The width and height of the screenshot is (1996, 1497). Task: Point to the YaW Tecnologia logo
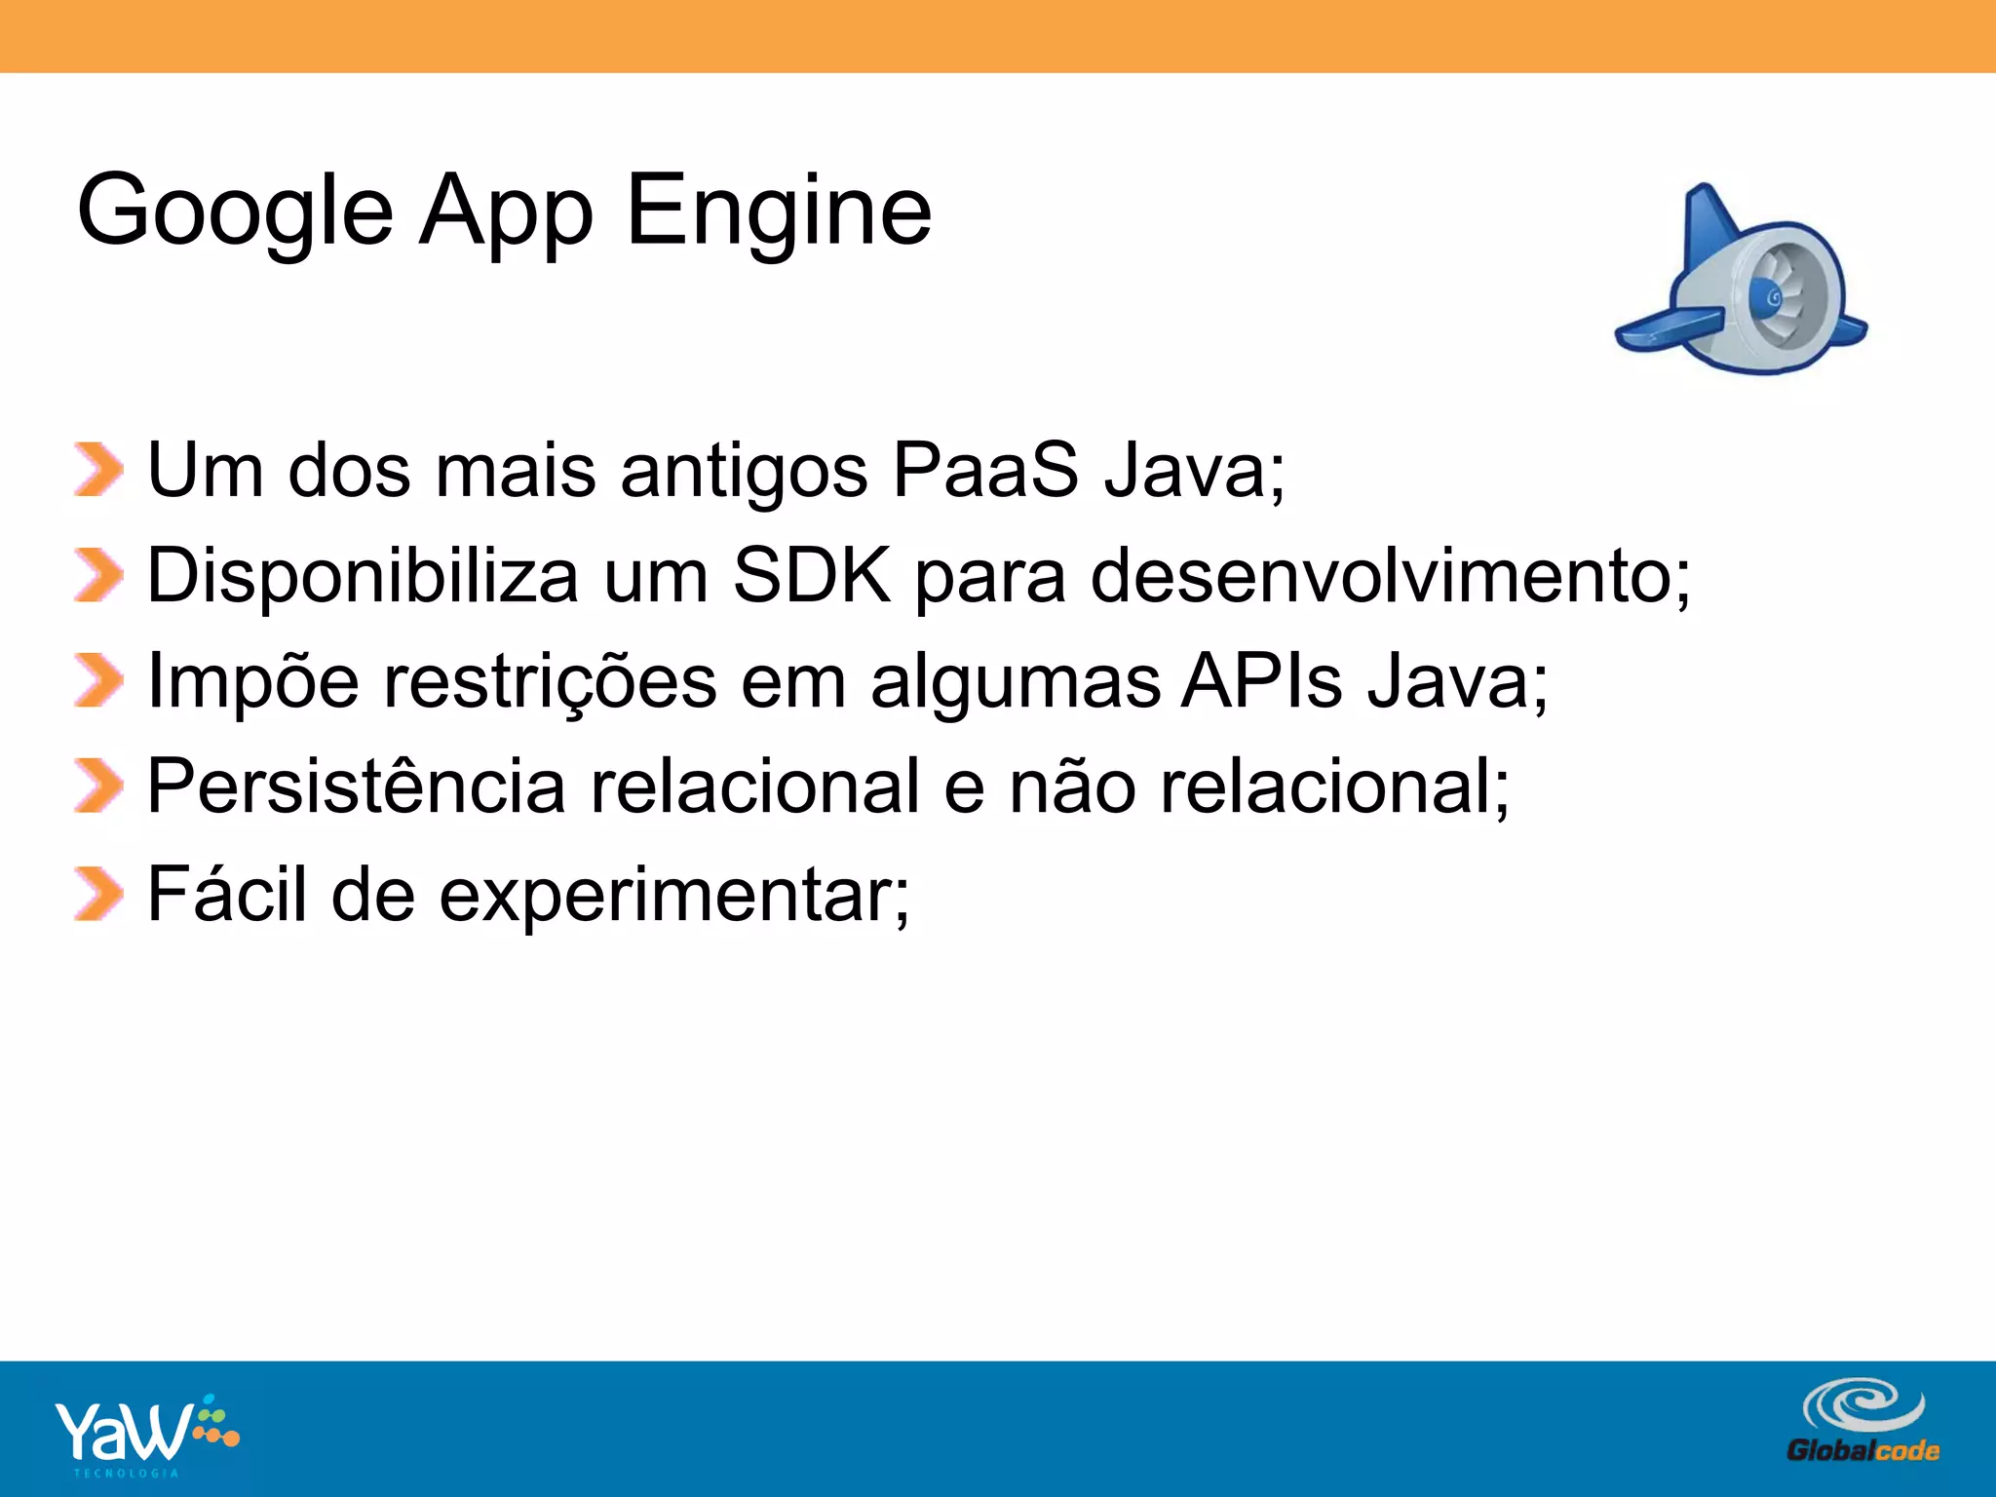point(146,1434)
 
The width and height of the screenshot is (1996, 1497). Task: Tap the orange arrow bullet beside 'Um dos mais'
point(98,471)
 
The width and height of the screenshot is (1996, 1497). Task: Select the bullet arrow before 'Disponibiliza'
point(98,576)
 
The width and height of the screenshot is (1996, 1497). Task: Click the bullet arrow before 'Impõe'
point(98,681)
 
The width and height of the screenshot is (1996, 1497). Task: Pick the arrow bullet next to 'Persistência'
point(98,787)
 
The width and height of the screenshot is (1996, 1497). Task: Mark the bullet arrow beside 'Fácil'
point(98,893)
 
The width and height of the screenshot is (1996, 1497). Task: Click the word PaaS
point(985,471)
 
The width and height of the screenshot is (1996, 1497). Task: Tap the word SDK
point(811,576)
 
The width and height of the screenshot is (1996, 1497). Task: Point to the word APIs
point(1261,681)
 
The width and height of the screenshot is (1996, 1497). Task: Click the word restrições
point(551,681)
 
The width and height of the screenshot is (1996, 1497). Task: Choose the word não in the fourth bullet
point(1071,787)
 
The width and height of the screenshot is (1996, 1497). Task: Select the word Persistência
point(356,787)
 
